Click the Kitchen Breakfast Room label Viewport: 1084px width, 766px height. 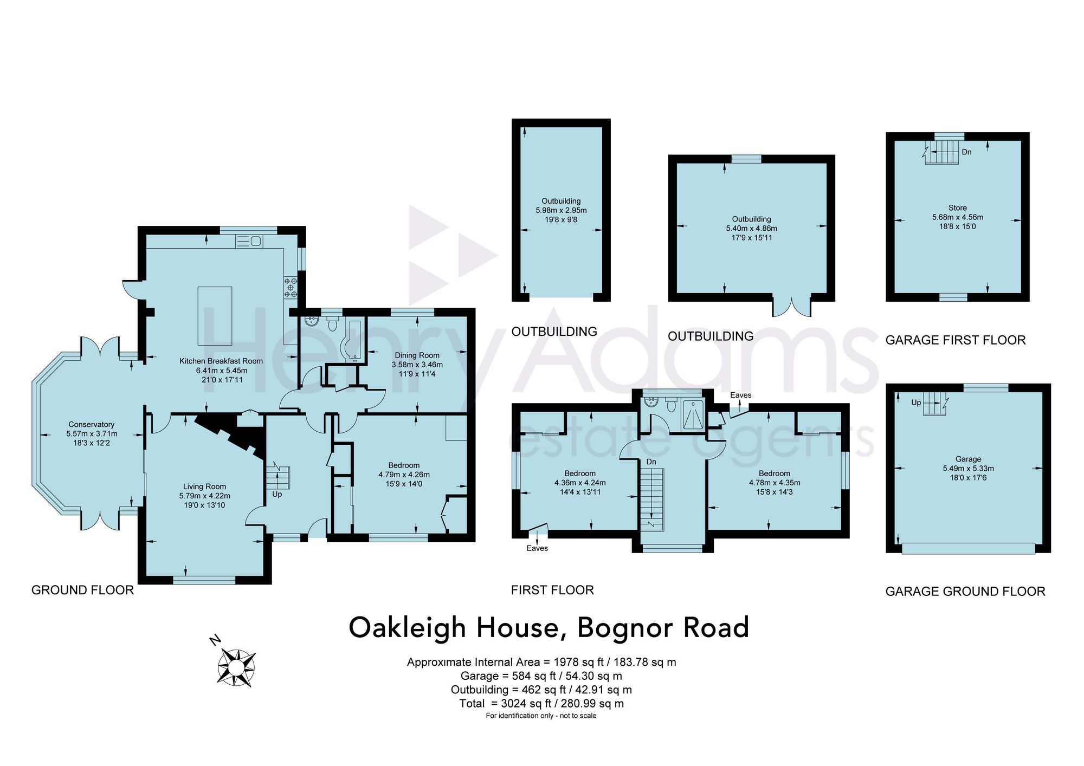coord(221,361)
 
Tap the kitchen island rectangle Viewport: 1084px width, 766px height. coord(215,316)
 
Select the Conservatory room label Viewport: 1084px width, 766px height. coord(92,424)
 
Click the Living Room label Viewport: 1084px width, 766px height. coord(204,486)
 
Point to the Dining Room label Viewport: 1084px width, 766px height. coord(417,355)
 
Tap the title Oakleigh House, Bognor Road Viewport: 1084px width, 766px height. coord(549,627)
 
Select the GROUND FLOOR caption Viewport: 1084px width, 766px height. coord(82,590)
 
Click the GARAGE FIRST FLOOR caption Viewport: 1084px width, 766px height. coord(956,340)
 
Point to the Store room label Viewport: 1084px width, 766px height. coord(958,207)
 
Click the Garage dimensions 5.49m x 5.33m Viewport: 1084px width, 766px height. coord(969,469)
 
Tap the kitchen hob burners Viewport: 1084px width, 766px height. coord(291,288)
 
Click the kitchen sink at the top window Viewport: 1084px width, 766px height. coord(249,241)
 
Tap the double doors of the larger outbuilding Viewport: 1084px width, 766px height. coord(792,307)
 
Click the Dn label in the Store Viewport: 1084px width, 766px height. coord(967,152)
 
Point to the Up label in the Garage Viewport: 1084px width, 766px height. coord(916,403)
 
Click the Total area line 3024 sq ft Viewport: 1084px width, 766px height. coord(541,704)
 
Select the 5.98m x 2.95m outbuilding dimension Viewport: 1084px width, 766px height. coord(561,210)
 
